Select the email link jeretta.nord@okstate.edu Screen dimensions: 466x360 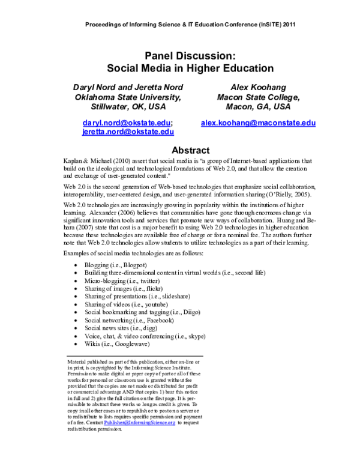click(x=128, y=132)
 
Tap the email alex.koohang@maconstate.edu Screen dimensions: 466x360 click(x=258, y=123)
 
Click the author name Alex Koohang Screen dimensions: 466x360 click(x=258, y=87)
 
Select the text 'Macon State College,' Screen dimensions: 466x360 click(x=258, y=97)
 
